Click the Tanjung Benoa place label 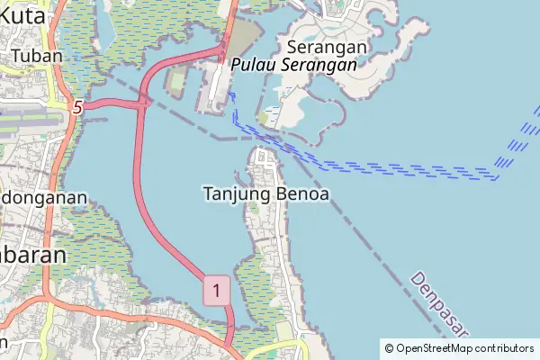pyautogui.click(x=265, y=193)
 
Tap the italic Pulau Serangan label pyautogui.click(x=292, y=65)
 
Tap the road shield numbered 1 pyautogui.click(x=216, y=290)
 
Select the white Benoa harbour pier pyautogui.click(x=215, y=90)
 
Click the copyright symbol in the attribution pyautogui.click(x=389, y=348)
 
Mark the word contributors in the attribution pyautogui.click(x=501, y=348)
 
